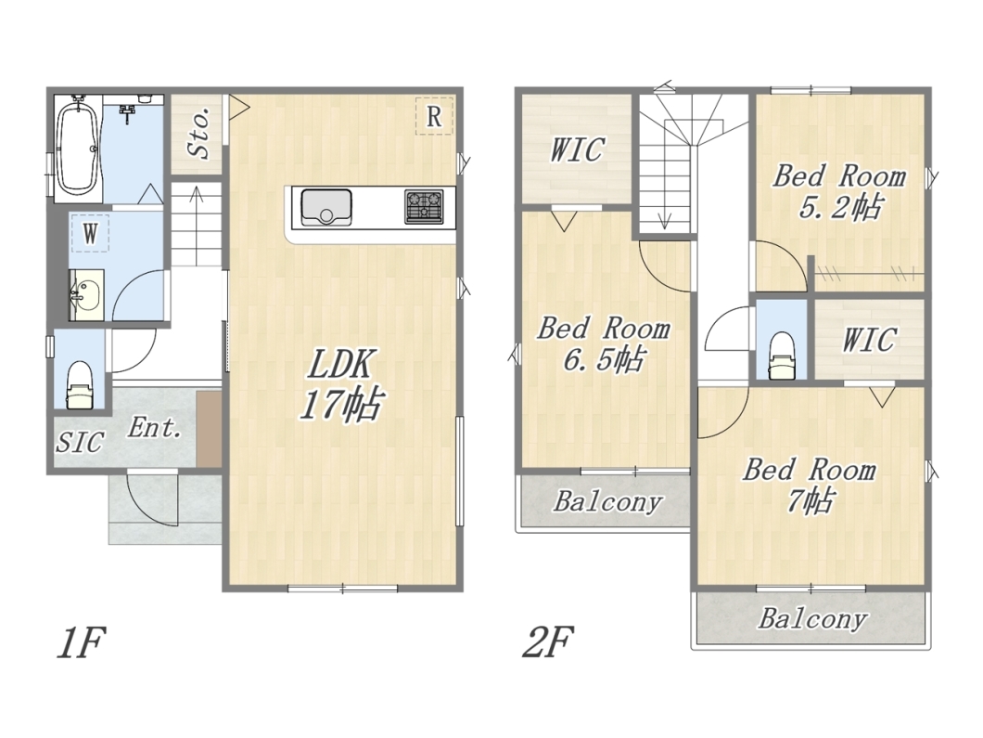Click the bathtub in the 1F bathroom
point(78,147)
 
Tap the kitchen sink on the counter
point(326,207)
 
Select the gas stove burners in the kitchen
point(425,206)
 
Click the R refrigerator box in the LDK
point(434,116)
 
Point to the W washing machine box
point(90,233)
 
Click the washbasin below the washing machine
point(86,295)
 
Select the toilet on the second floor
point(781,356)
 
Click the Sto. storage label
point(199,133)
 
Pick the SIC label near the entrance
point(80,441)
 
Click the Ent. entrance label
point(155,428)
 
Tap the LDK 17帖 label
point(340,384)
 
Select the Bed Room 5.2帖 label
point(839,191)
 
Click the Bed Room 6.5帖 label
point(603,343)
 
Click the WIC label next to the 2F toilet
point(869,340)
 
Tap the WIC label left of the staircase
point(577,149)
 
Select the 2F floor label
point(547,641)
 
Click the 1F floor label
point(81,641)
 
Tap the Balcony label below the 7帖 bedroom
point(812,619)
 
